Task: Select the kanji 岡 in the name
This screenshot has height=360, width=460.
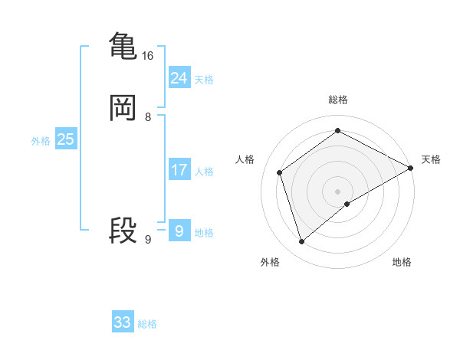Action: tap(123, 108)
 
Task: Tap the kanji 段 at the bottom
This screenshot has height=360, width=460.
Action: tap(123, 230)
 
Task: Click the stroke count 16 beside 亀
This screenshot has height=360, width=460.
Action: tap(147, 56)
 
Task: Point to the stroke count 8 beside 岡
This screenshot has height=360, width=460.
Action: tap(147, 117)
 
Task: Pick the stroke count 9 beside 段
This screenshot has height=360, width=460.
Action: tap(147, 240)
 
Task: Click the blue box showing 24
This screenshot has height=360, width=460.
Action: tap(179, 77)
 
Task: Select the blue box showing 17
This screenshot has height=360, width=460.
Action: tap(179, 169)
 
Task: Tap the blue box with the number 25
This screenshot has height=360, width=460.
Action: tap(65, 139)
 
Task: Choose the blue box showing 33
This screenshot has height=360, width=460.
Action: tap(123, 322)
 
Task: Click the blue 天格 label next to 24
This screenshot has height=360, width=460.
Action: tap(204, 80)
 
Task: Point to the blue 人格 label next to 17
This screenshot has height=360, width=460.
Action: tap(204, 172)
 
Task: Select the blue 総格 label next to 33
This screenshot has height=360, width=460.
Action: tap(147, 325)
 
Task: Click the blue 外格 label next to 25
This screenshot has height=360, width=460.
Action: tap(41, 141)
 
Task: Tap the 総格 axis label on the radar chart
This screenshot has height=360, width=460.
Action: tap(337, 100)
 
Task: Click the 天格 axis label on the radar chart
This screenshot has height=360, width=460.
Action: tap(431, 159)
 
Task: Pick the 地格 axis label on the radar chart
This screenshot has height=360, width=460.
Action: tap(402, 263)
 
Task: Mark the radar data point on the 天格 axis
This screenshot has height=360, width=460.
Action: tap(411, 168)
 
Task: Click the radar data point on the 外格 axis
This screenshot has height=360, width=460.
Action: tap(302, 242)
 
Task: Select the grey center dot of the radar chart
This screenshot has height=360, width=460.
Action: tap(337, 191)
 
